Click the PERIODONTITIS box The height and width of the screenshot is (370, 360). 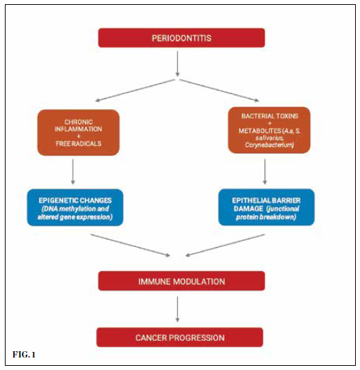click(181, 38)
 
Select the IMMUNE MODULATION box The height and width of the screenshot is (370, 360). click(181, 281)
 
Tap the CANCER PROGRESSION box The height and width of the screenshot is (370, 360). click(179, 337)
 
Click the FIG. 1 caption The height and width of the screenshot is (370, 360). click(24, 355)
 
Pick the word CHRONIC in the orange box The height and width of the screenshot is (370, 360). click(79, 122)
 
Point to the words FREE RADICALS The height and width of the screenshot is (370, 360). click(79, 143)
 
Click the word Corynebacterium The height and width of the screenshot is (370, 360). click(269, 145)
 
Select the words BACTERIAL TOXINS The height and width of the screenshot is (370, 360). click(270, 116)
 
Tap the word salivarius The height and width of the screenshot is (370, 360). click(269, 138)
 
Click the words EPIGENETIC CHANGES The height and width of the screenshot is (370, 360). click(75, 200)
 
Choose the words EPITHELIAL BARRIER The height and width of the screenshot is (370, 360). click(266, 200)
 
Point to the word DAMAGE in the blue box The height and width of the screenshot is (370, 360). click(248, 209)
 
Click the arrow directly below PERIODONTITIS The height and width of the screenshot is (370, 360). click(177, 64)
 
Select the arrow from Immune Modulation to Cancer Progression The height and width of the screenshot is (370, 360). click(177, 309)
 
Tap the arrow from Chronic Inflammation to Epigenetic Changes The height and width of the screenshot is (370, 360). click(73, 172)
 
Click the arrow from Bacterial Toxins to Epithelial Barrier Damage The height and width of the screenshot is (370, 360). click(265, 172)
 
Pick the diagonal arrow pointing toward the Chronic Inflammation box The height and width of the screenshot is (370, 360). click(135, 90)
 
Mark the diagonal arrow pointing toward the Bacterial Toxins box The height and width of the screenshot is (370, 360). click(219, 90)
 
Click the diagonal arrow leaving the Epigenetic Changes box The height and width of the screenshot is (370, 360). click(131, 245)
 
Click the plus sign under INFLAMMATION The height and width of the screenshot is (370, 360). click(79, 136)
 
